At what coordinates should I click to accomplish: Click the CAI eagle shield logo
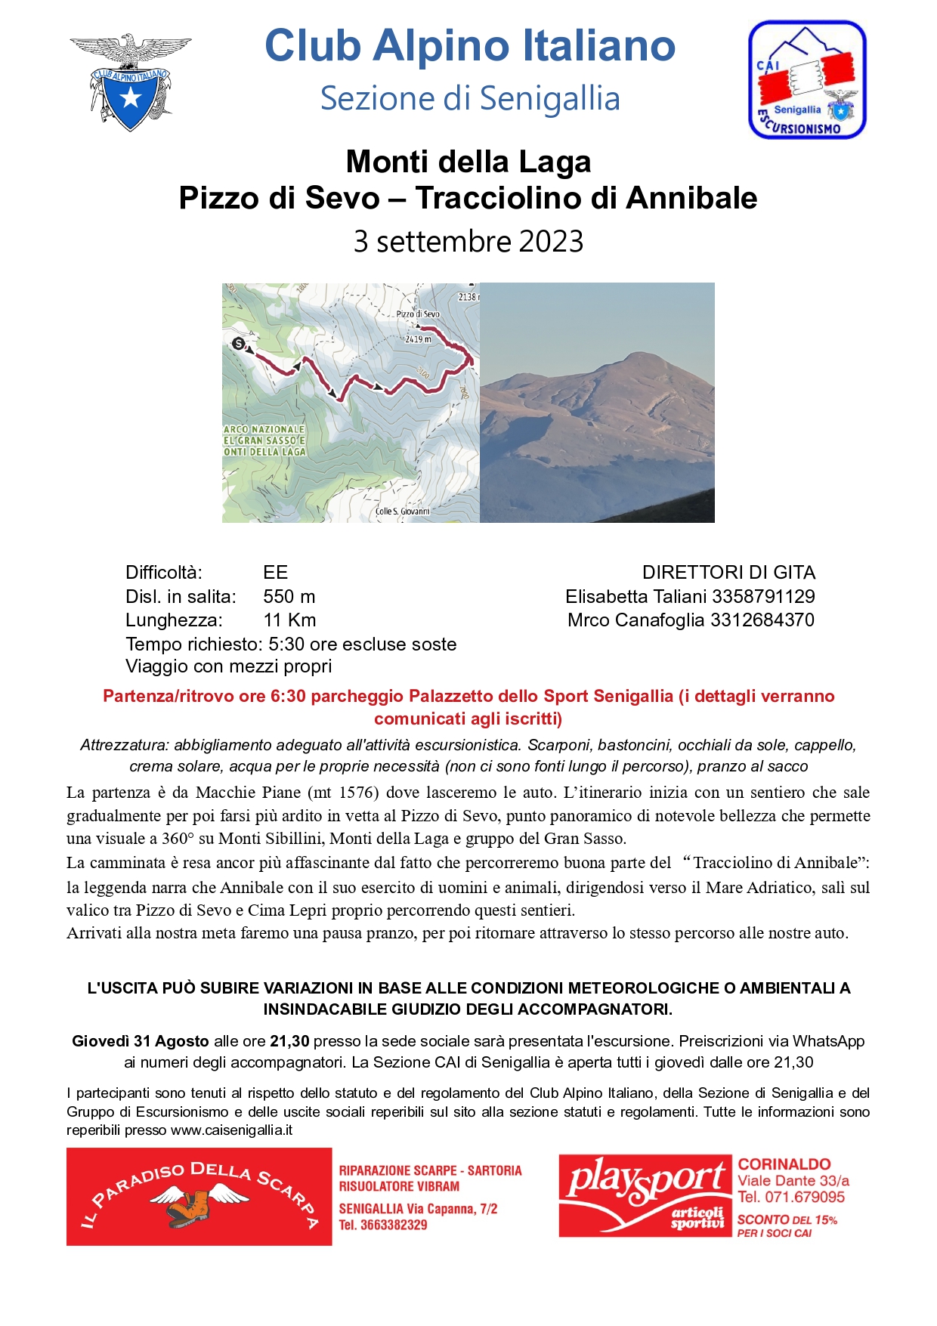coord(130,82)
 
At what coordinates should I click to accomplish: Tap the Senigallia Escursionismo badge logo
coord(807,80)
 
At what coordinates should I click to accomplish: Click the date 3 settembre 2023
coord(468,242)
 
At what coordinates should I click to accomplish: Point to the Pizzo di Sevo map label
coord(418,314)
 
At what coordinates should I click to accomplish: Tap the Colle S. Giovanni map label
coord(403,512)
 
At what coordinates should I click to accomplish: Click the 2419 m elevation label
coord(418,339)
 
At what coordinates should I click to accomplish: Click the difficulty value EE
coord(276,572)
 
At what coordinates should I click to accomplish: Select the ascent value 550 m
coord(289,596)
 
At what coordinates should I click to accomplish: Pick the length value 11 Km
coord(289,620)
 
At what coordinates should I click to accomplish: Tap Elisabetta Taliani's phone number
coord(763,596)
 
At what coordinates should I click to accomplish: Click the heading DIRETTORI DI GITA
coord(728,572)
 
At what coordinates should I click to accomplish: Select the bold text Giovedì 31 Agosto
coord(141,1041)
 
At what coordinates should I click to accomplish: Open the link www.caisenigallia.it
coord(231,1130)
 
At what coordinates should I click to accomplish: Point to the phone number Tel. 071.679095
coord(791,1197)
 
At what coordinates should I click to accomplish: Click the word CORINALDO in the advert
coord(784,1164)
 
